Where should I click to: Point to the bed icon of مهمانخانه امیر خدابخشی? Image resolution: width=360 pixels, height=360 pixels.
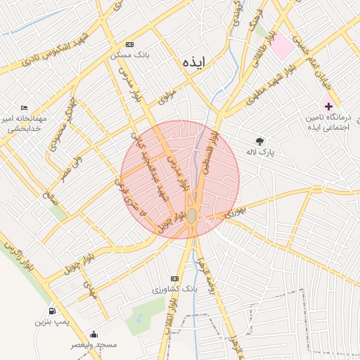coord(25,108)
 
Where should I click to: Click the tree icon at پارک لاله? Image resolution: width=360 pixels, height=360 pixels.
coord(260,141)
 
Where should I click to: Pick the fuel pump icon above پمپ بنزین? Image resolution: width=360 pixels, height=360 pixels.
coord(52,310)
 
